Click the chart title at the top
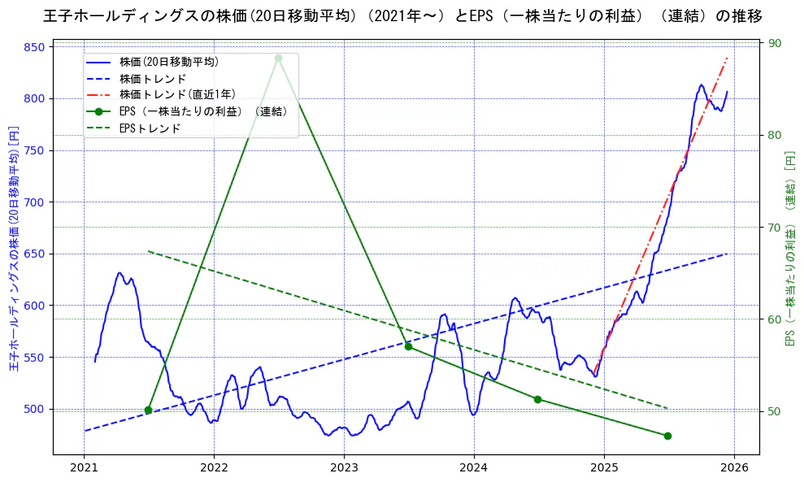(402, 15)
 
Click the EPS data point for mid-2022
(278, 58)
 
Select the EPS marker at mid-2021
(148, 410)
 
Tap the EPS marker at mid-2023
(408, 346)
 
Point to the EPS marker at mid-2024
(537, 399)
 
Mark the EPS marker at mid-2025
(667, 436)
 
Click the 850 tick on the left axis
(33, 47)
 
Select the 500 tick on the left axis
(33, 409)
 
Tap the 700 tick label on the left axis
(33, 202)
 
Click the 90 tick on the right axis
(776, 44)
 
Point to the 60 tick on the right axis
(776, 319)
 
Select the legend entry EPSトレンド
(150, 128)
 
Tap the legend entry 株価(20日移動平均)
(168, 61)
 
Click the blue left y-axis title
(13, 248)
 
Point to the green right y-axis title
(789, 248)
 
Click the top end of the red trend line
(727, 59)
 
